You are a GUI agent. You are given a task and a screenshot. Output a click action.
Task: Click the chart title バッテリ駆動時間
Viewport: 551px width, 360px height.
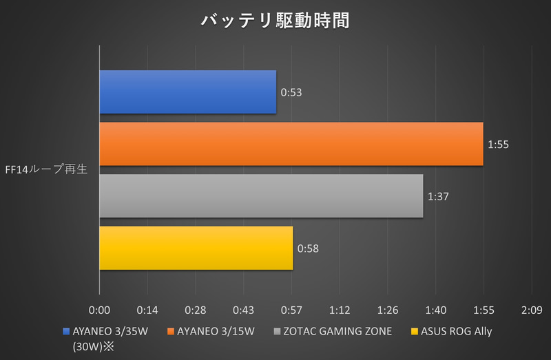pyautogui.click(x=275, y=20)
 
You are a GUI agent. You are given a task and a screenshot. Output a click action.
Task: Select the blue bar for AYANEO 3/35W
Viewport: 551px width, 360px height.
pyautogui.click(x=187, y=92)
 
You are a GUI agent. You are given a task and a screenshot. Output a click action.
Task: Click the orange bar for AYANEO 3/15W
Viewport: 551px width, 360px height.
pyautogui.click(x=291, y=144)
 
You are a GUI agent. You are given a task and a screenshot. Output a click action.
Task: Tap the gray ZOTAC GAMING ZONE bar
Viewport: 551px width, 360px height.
pyautogui.click(x=261, y=196)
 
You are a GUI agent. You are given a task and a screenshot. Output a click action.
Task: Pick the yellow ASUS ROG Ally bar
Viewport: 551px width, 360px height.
pyautogui.click(x=196, y=248)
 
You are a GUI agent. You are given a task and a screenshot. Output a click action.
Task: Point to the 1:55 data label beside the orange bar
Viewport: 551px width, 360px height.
pyautogui.click(x=498, y=144)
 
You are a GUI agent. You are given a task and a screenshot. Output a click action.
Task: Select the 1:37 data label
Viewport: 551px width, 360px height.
pyautogui.click(x=438, y=196)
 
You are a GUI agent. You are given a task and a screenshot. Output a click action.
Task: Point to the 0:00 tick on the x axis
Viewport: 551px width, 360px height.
pyautogui.click(x=100, y=310)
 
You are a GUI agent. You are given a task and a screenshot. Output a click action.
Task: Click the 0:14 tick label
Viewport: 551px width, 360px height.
pyautogui.click(x=147, y=310)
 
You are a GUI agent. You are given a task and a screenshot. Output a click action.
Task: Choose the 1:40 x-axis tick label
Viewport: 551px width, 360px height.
pyautogui.click(x=436, y=310)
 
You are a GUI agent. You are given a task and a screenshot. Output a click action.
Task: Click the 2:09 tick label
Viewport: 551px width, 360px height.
pyautogui.click(x=532, y=310)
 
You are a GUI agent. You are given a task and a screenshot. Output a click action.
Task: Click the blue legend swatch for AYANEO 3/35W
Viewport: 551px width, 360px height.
pyautogui.click(x=66, y=331)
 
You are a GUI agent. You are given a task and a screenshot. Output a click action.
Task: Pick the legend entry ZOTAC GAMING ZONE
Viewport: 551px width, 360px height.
pyautogui.click(x=338, y=331)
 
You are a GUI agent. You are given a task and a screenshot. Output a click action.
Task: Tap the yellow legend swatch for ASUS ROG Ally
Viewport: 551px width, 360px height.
pyautogui.click(x=415, y=331)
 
